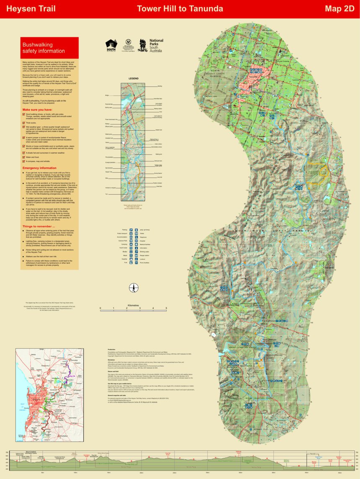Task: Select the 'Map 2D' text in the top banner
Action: click(x=339, y=9)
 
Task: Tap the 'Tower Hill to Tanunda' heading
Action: click(x=180, y=9)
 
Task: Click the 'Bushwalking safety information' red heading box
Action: click(x=49, y=48)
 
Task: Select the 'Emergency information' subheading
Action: click(x=39, y=168)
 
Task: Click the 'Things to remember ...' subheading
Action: click(x=38, y=227)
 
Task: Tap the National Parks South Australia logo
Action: click(x=152, y=45)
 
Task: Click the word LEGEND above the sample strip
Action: click(x=134, y=78)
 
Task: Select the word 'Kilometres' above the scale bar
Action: click(x=134, y=306)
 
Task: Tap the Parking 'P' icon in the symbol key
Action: click(x=131, y=230)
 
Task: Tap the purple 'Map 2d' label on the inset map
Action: click(x=72, y=376)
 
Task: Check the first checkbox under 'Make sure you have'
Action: click(x=23, y=113)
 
